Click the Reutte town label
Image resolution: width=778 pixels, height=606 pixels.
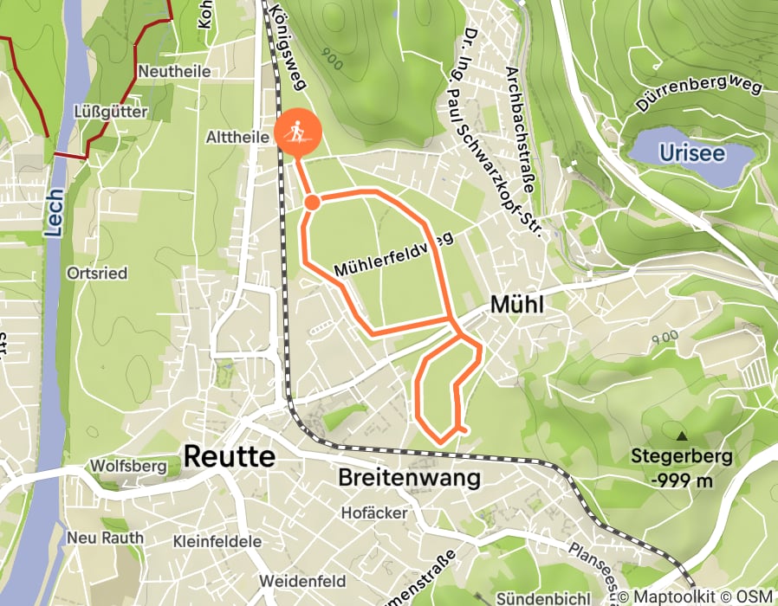pos(229,455)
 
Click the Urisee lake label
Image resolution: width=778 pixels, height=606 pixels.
pos(690,153)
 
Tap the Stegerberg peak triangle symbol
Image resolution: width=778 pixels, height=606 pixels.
pos(682,437)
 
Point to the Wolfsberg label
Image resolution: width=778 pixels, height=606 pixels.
pos(126,467)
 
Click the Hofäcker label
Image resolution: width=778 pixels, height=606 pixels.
pos(374,513)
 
